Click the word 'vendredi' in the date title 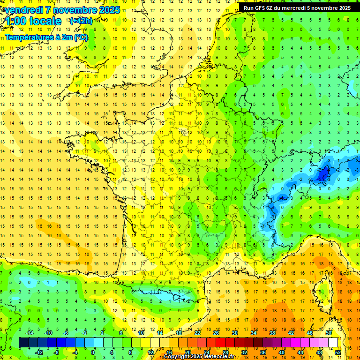pyautogui.click(x=23, y=10)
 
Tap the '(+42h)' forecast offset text pyautogui.click(x=81, y=21)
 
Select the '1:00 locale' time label pyautogui.click(x=33, y=22)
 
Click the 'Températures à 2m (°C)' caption pyautogui.click(x=46, y=37)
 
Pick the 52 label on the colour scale pyautogui.click(x=337, y=352)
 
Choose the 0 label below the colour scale pyautogui.click(x=93, y=352)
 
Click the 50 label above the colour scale pyautogui.click(x=328, y=333)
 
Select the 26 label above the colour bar pyautogui.click(x=217, y=333)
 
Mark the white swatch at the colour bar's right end pyautogui.click(x=333, y=342)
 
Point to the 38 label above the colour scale pyautogui.click(x=272, y=333)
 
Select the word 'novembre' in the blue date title pyautogui.click(x=75, y=10)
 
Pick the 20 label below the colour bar pyautogui.click(x=188, y=352)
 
